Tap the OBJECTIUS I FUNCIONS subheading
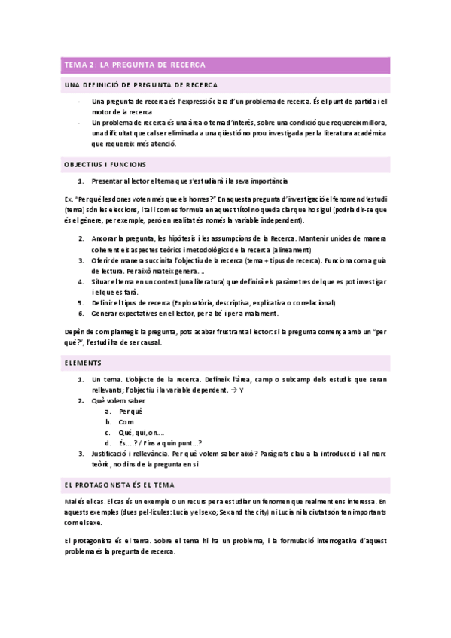pos(105,163)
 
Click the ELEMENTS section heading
pos(84,363)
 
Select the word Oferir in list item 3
pos(102,260)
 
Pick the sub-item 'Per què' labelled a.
pos(130,412)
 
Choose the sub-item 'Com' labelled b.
pos(126,422)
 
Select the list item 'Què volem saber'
pos(118,401)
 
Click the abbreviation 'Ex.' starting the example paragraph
pos(69,199)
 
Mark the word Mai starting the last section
pos(72,480)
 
